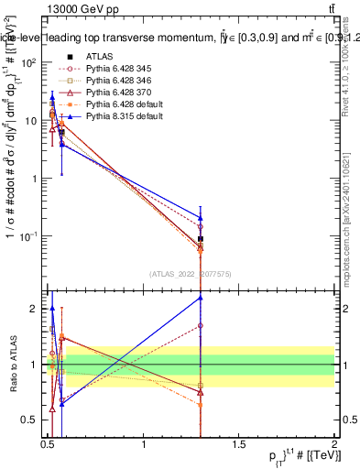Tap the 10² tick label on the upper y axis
pyautogui.click(x=27, y=62)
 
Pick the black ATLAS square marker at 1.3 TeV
pyautogui.click(x=201, y=239)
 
